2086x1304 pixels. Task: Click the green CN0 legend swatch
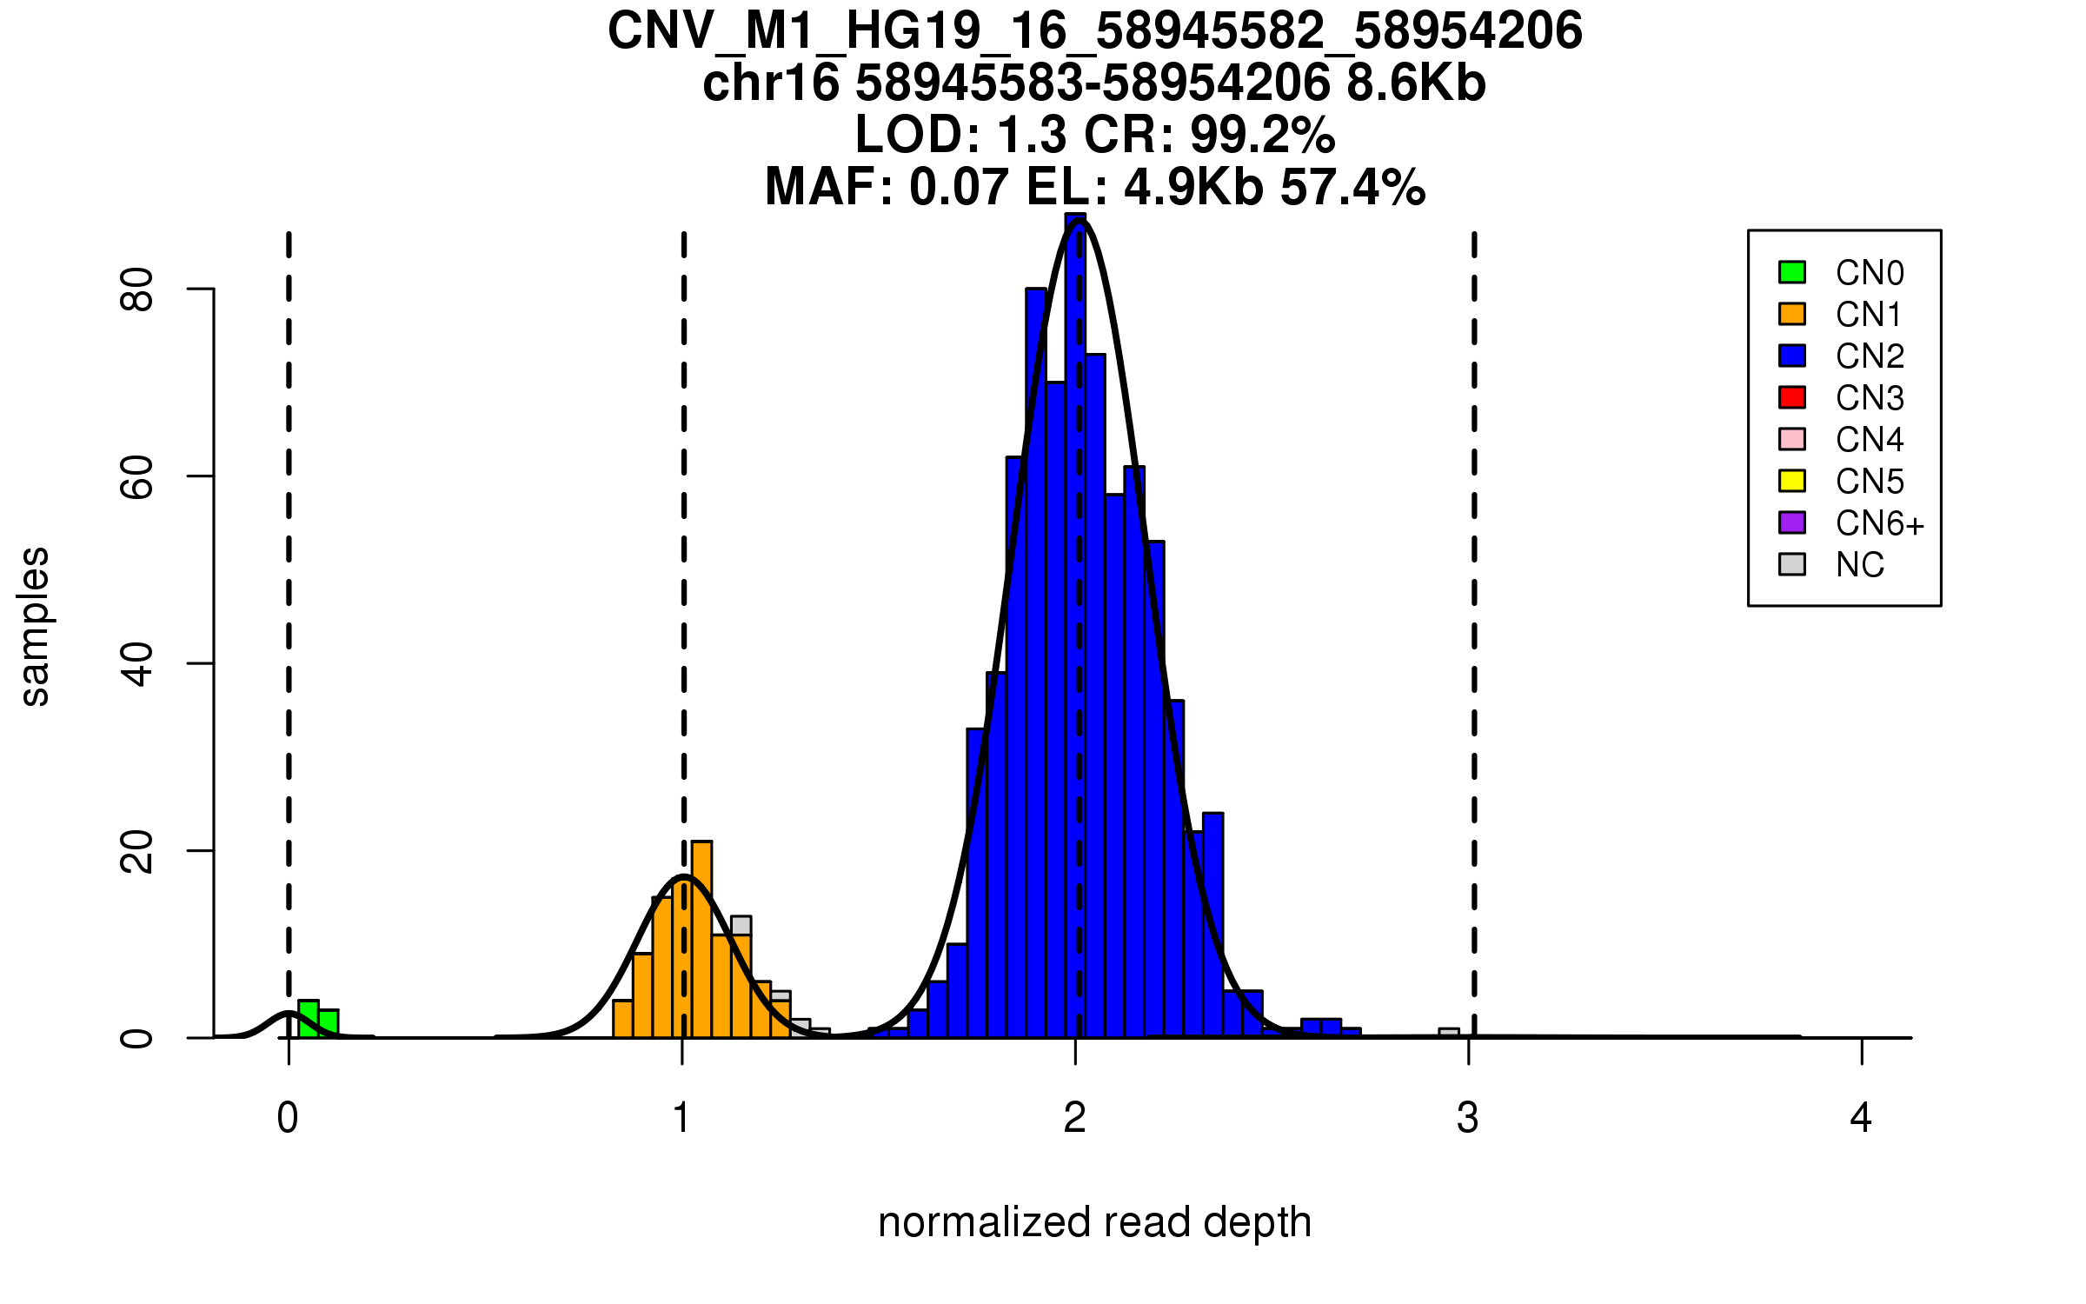point(1792,272)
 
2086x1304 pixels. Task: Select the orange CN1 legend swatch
point(1792,314)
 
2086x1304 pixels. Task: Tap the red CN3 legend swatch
point(1792,397)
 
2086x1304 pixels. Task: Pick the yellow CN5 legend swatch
point(1792,481)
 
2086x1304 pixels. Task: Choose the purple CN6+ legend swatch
point(1792,522)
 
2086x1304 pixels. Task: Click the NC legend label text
point(1859,565)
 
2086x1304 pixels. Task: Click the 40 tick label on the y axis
point(137,664)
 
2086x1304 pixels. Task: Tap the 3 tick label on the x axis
point(1468,1118)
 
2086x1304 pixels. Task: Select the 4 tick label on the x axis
point(1861,1118)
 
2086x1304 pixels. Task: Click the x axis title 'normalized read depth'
point(1094,1222)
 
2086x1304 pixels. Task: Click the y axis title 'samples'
point(35,626)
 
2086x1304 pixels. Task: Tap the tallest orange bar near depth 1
point(701,939)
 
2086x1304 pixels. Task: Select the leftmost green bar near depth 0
point(309,1019)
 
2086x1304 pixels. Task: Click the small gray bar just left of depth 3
point(1449,1033)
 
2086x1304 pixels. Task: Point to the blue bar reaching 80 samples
point(1035,661)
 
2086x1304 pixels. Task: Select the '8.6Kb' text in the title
point(1416,83)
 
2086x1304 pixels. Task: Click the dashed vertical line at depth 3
point(1474,609)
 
